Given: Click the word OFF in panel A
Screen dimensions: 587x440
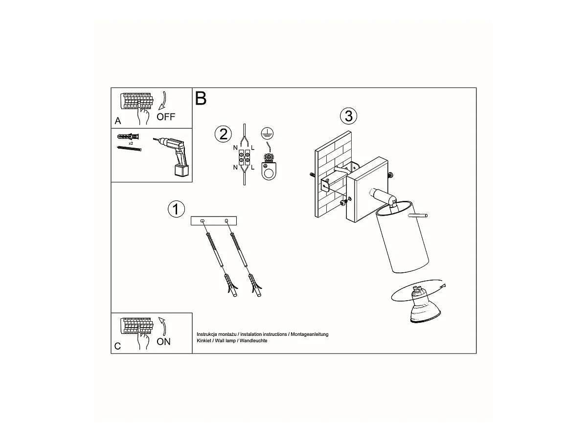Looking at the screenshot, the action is pos(166,117).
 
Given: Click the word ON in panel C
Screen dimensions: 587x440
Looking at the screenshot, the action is pos(163,342).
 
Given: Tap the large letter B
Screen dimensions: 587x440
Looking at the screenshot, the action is pos(201,98).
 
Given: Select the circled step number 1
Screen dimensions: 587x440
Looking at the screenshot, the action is pos(176,209).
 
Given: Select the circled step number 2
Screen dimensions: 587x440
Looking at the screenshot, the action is pos(223,134).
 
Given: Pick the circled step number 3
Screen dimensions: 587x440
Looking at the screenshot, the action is pos(348,116).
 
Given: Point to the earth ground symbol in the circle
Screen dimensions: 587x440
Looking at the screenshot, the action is pos(267,133).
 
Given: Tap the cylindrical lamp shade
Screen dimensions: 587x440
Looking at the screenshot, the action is pos(402,237).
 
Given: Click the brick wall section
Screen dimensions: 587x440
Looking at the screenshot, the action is pos(333,174).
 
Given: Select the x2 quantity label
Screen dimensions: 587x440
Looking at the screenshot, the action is pos(131,143).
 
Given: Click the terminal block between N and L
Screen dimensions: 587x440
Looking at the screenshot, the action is pos(244,157).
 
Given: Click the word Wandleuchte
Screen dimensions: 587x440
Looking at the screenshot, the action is pos(253,341).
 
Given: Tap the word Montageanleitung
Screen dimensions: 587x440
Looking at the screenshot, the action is pos(310,334).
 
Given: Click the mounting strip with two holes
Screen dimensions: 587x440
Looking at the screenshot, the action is pos(214,220).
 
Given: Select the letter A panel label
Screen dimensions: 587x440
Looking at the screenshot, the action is pos(118,121).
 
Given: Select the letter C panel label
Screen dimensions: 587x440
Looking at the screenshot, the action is pos(117,346).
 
